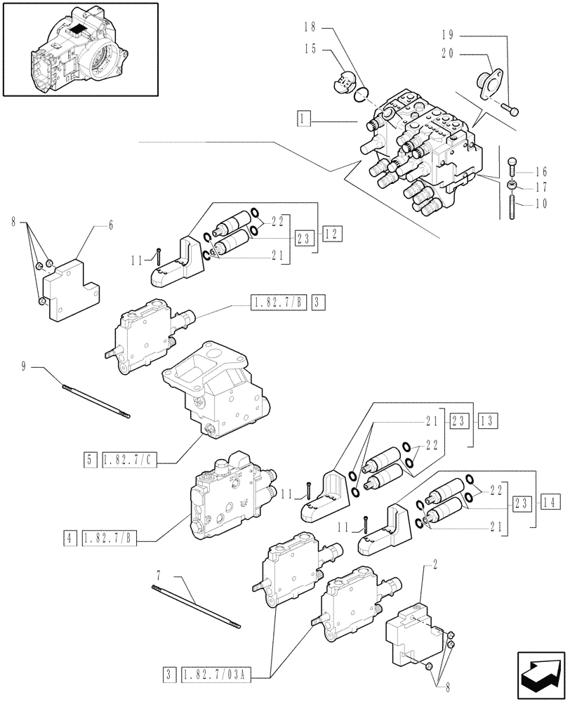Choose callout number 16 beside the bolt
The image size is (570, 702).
pyautogui.click(x=541, y=171)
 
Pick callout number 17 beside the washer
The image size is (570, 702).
pyautogui.click(x=541, y=187)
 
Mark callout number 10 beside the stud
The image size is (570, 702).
pyautogui.click(x=541, y=204)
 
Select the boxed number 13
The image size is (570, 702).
pyautogui.click(x=487, y=421)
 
